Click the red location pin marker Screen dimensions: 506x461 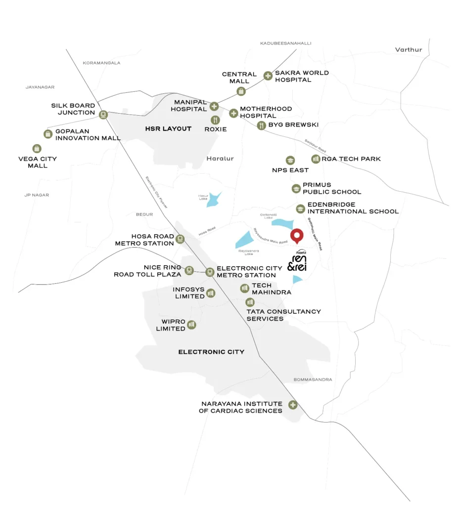[x=297, y=236]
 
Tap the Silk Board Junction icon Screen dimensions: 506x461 [x=103, y=115]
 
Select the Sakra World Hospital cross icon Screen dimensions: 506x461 [x=268, y=76]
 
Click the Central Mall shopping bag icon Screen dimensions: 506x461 [x=241, y=91]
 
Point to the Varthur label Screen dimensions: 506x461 [x=409, y=49]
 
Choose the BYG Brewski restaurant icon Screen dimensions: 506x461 [x=262, y=126]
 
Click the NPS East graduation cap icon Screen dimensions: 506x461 [x=290, y=160]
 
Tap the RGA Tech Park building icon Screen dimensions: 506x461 [x=315, y=159]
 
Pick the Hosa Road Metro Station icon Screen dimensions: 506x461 [x=181, y=239]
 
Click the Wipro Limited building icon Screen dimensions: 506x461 [x=192, y=325]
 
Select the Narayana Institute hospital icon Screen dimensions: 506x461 [x=293, y=405]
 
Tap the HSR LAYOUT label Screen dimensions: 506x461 [x=168, y=129]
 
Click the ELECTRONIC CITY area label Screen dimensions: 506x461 [x=211, y=352]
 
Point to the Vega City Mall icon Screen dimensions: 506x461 [x=37, y=148]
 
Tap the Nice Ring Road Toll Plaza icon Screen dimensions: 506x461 [x=189, y=270]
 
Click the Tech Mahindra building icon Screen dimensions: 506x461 [x=244, y=288]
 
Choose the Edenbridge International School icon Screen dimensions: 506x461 [x=300, y=209]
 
